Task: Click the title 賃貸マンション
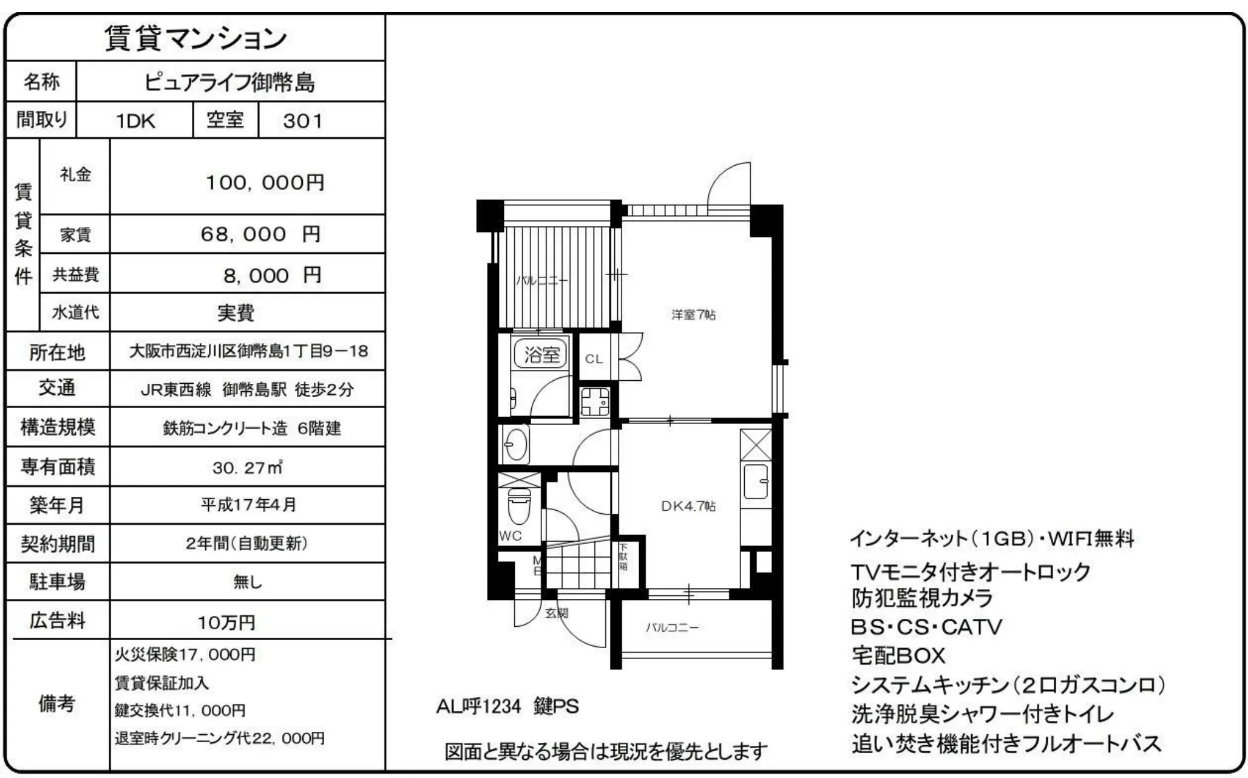pos(195,38)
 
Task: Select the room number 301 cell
pos(303,121)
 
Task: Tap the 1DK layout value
pos(135,121)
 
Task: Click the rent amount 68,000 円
pos(260,234)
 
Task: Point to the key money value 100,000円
pos(265,182)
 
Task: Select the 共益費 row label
pos(75,275)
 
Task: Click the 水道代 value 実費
pos(236,313)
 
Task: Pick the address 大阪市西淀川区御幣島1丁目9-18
pos(248,351)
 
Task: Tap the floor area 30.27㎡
pos(248,467)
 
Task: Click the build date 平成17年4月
pos(248,505)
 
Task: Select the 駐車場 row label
pos(57,582)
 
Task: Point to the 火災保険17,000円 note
pos(185,654)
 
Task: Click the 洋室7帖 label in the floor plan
pos(693,315)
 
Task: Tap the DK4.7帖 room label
pos(688,506)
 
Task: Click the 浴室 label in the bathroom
pos(541,354)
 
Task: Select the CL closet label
pos(594,359)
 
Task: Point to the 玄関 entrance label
pos(556,613)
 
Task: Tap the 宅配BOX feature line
pos(898,655)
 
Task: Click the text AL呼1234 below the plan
pos(478,706)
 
